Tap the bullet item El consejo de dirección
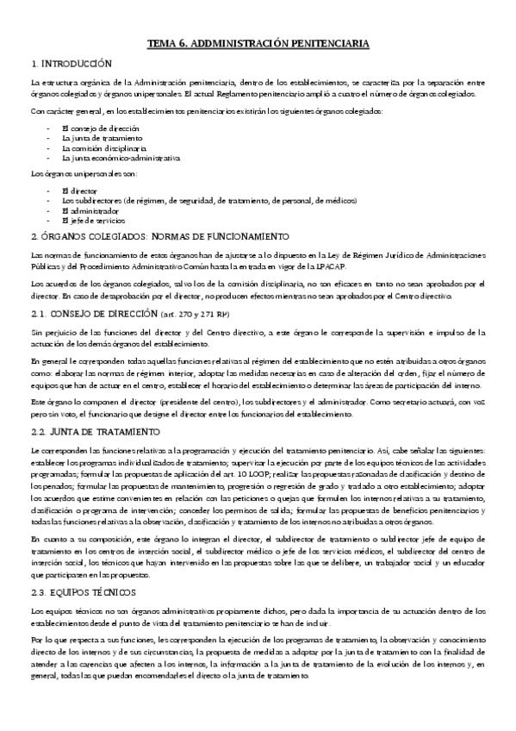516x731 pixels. click(x=95, y=127)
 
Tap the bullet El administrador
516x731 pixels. click(x=90, y=210)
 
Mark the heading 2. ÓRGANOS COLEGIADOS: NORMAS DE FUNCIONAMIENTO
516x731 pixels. click(x=159, y=236)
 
